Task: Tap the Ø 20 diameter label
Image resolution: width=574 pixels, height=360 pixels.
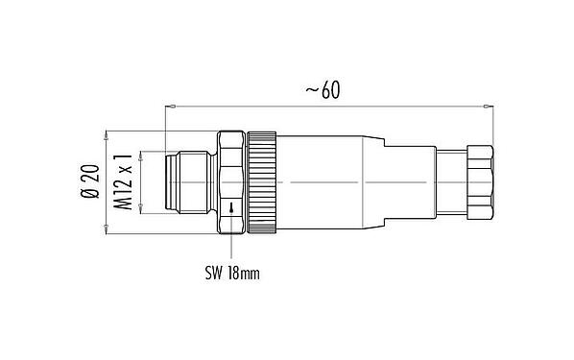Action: coord(88,181)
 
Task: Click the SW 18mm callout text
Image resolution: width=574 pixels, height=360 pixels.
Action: coord(233,273)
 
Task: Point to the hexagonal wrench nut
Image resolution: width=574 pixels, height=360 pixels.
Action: coord(231,181)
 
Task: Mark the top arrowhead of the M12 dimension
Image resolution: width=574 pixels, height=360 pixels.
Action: coord(141,153)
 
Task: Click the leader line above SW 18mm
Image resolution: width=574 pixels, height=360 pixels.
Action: coord(231,247)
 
